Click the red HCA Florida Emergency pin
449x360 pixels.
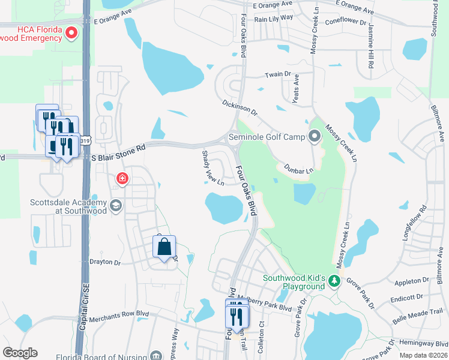[x=71, y=33]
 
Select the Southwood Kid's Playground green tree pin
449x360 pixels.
[x=335, y=281]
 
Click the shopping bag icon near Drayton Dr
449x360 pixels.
[x=164, y=247]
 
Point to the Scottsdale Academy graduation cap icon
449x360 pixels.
[x=115, y=206]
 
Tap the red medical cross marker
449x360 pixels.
[x=122, y=178]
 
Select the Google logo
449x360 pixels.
[x=20, y=353]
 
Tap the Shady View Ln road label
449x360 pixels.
[x=212, y=169]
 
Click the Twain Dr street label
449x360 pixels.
[x=278, y=75]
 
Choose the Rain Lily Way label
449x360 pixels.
[x=273, y=18]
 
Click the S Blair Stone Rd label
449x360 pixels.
[x=119, y=151]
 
